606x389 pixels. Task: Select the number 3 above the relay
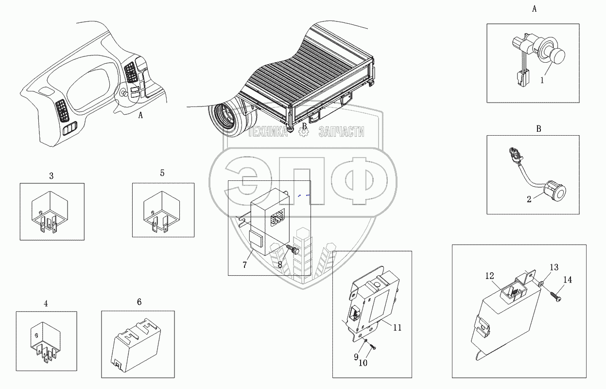(51, 176)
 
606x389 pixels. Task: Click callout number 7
(245, 265)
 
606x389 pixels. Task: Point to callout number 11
(397, 327)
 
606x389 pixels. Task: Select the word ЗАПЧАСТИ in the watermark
(341, 132)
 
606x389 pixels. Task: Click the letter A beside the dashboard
(140, 116)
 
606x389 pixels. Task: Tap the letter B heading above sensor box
(538, 129)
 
